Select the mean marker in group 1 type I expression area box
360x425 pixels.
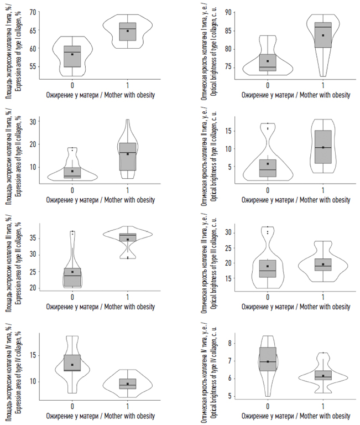tap(128, 31)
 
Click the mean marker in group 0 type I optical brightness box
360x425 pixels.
tap(268, 61)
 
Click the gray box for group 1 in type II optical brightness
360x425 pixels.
tap(323, 147)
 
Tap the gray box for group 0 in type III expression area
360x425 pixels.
tap(72, 277)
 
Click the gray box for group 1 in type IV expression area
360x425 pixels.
tap(128, 383)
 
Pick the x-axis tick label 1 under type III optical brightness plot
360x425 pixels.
tap(323, 297)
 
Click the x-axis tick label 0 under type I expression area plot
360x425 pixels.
tap(72, 85)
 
